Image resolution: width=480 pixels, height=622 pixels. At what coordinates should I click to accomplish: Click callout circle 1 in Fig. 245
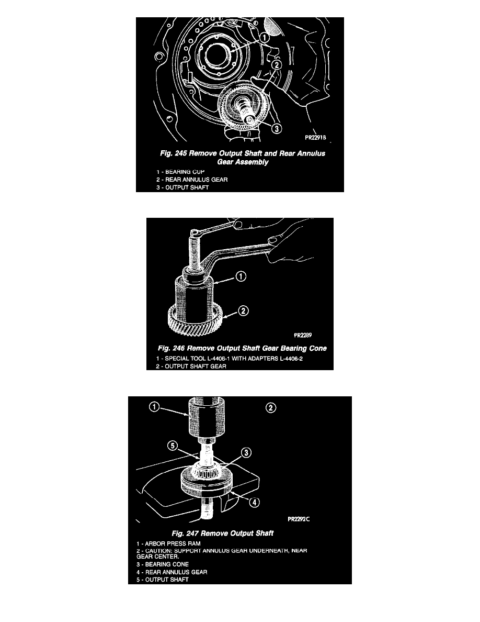[x=265, y=37]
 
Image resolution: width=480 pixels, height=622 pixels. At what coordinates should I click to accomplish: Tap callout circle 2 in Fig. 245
[x=277, y=64]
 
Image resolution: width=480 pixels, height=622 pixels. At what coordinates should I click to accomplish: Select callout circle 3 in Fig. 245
[x=277, y=128]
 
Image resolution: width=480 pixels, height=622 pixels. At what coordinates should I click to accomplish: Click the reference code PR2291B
[x=315, y=138]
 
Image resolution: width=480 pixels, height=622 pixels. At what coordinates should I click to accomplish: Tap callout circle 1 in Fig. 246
[x=241, y=276]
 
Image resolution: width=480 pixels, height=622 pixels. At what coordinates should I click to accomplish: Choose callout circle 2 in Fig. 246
[x=243, y=310]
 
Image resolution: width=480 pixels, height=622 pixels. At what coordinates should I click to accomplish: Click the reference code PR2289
[x=303, y=335]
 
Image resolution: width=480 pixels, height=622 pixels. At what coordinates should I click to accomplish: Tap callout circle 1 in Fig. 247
[x=154, y=407]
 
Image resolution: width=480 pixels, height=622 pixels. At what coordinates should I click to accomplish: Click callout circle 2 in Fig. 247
[x=271, y=408]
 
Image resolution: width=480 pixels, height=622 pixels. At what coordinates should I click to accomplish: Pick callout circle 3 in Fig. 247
[x=246, y=452]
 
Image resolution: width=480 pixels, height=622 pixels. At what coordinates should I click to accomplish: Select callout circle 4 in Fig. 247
[x=254, y=502]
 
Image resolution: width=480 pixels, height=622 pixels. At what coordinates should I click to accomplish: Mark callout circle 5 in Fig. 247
[x=172, y=446]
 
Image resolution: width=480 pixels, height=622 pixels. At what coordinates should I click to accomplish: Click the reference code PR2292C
[x=299, y=519]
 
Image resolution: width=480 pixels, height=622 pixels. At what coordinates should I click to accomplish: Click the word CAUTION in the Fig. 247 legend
[x=158, y=551]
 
